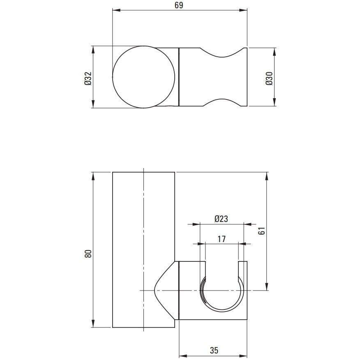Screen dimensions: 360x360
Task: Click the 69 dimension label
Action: coord(179,5)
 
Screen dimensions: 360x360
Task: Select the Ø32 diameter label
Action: coord(88,78)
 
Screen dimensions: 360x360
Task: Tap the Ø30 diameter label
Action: coord(269,78)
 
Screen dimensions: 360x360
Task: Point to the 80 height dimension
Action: coord(88,254)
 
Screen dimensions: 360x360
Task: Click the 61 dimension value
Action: coord(262,231)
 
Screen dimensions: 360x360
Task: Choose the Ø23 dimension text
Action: coord(222,219)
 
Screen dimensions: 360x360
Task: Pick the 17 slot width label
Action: coord(222,239)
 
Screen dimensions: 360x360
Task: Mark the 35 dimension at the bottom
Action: coord(214,350)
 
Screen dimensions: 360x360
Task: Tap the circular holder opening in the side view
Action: coord(222,311)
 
